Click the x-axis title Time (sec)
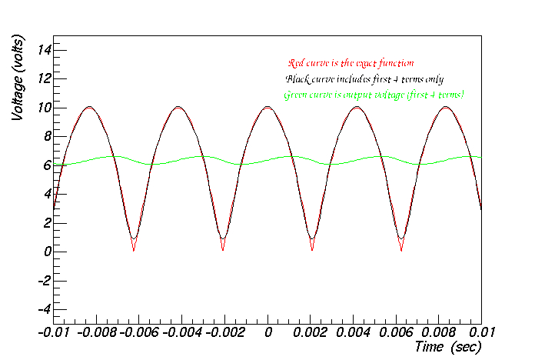[x=447, y=347]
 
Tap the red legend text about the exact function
[x=351, y=63]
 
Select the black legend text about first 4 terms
[x=364, y=79]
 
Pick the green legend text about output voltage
[x=374, y=95]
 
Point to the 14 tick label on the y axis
[x=44, y=50]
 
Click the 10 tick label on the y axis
[x=44, y=108]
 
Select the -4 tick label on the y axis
[x=44, y=309]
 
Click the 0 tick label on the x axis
[x=267, y=332]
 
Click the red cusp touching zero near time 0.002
[x=312, y=251]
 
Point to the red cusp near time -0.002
[x=223, y=251]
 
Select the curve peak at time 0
[x=267, y=107]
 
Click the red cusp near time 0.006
[x=401, y=251]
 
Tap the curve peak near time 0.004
[x=357, y=107]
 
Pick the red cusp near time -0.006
[x=134, y=251]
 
